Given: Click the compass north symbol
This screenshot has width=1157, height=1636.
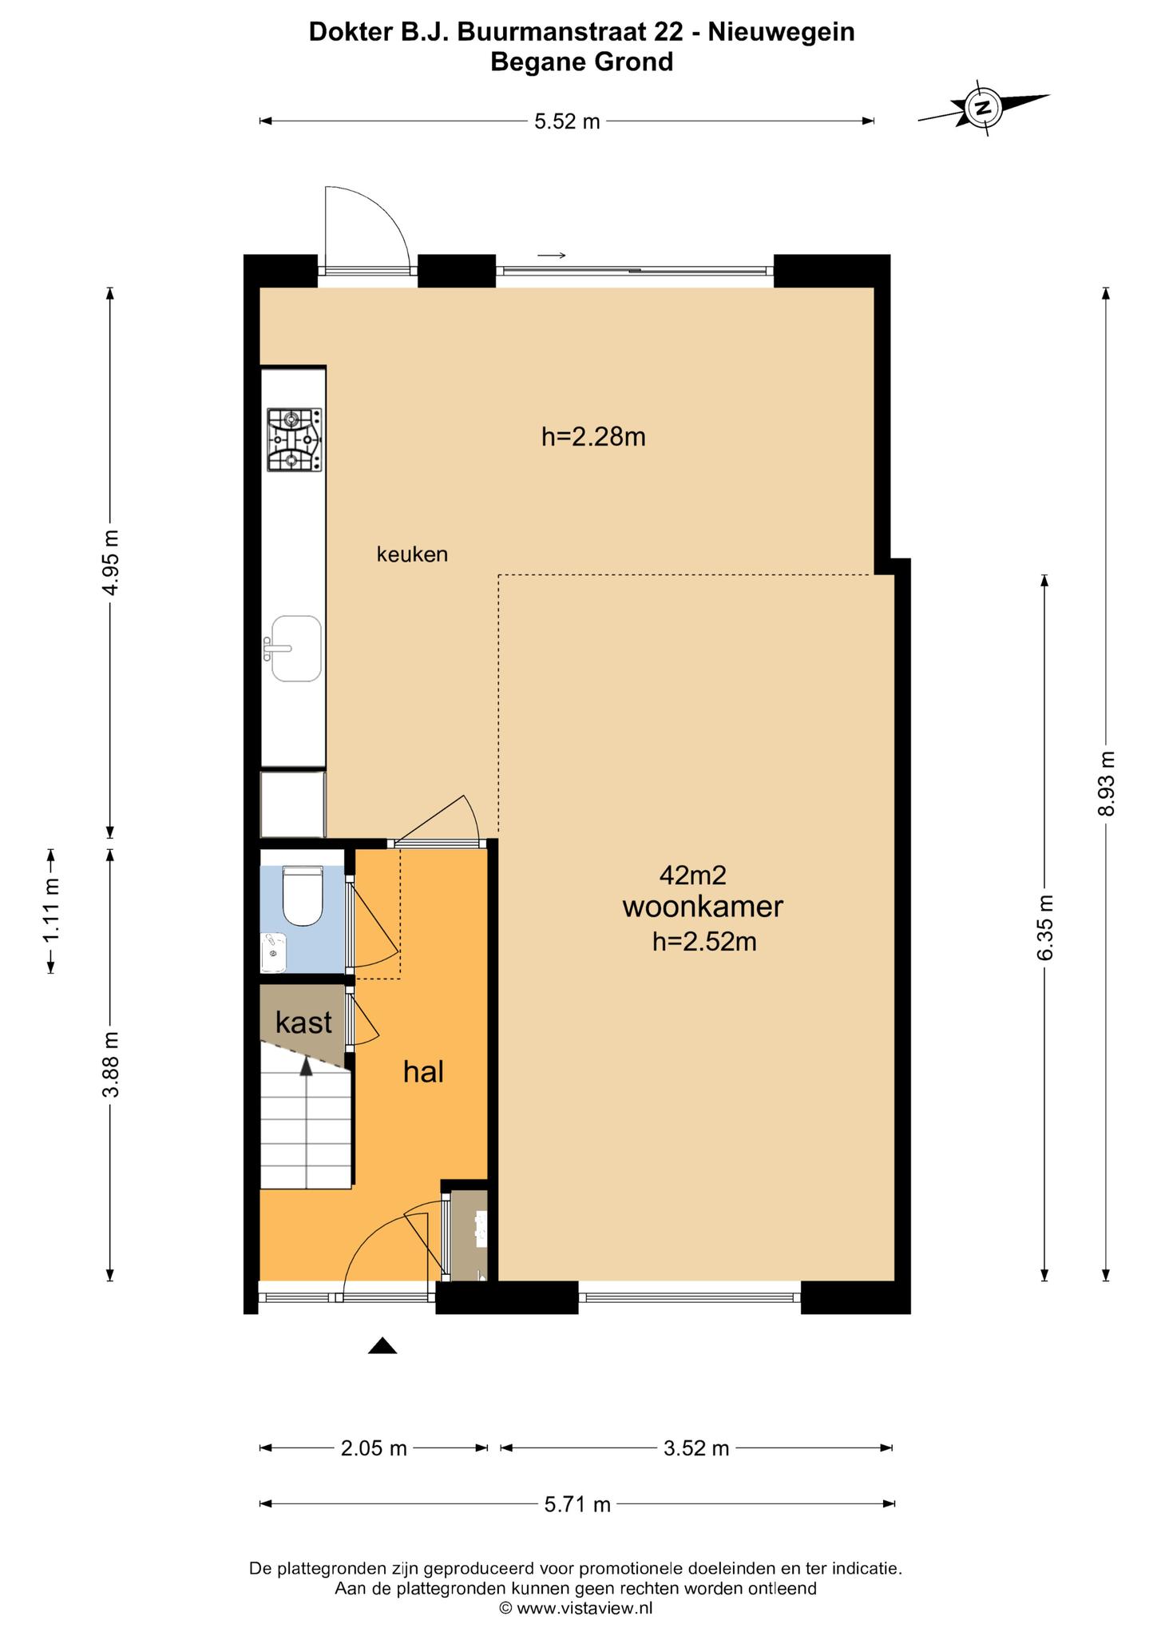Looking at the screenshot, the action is tap(984, 108).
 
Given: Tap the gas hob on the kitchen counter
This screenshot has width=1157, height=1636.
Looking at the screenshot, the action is tap(294, 439).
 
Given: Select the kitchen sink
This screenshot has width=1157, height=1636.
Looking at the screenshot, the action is tap(294, 649).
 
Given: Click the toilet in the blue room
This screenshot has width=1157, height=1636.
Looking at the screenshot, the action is tap(303, 896).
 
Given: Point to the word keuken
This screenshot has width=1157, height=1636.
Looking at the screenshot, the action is tap(412, 554).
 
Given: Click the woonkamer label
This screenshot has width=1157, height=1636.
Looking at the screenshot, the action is tap(703, 907).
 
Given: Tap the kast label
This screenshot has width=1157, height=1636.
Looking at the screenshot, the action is tap(303, 1022).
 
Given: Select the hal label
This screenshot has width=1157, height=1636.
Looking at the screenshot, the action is tap(423, 1071).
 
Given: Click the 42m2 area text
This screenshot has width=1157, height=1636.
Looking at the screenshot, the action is tap(693, 876).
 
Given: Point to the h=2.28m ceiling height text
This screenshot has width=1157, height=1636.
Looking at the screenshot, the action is tap(593, 437).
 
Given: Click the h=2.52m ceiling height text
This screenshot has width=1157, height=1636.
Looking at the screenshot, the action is tap(704, 942).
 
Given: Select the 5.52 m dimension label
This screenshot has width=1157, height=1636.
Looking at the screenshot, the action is tap(567, 121).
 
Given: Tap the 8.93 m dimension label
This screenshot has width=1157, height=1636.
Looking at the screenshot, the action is tap(1106, 784).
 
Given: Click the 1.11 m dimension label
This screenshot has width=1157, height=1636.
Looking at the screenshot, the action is tap(52, 911).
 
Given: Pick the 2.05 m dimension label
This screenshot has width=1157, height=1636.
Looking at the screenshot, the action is tap(374, 1447).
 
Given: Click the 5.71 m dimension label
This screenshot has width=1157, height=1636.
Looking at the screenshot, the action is tap(577, 1504).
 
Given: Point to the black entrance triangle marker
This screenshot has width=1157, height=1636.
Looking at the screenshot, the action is tap(382, 1345).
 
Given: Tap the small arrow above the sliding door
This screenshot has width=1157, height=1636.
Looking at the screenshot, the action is tap(552, 256).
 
